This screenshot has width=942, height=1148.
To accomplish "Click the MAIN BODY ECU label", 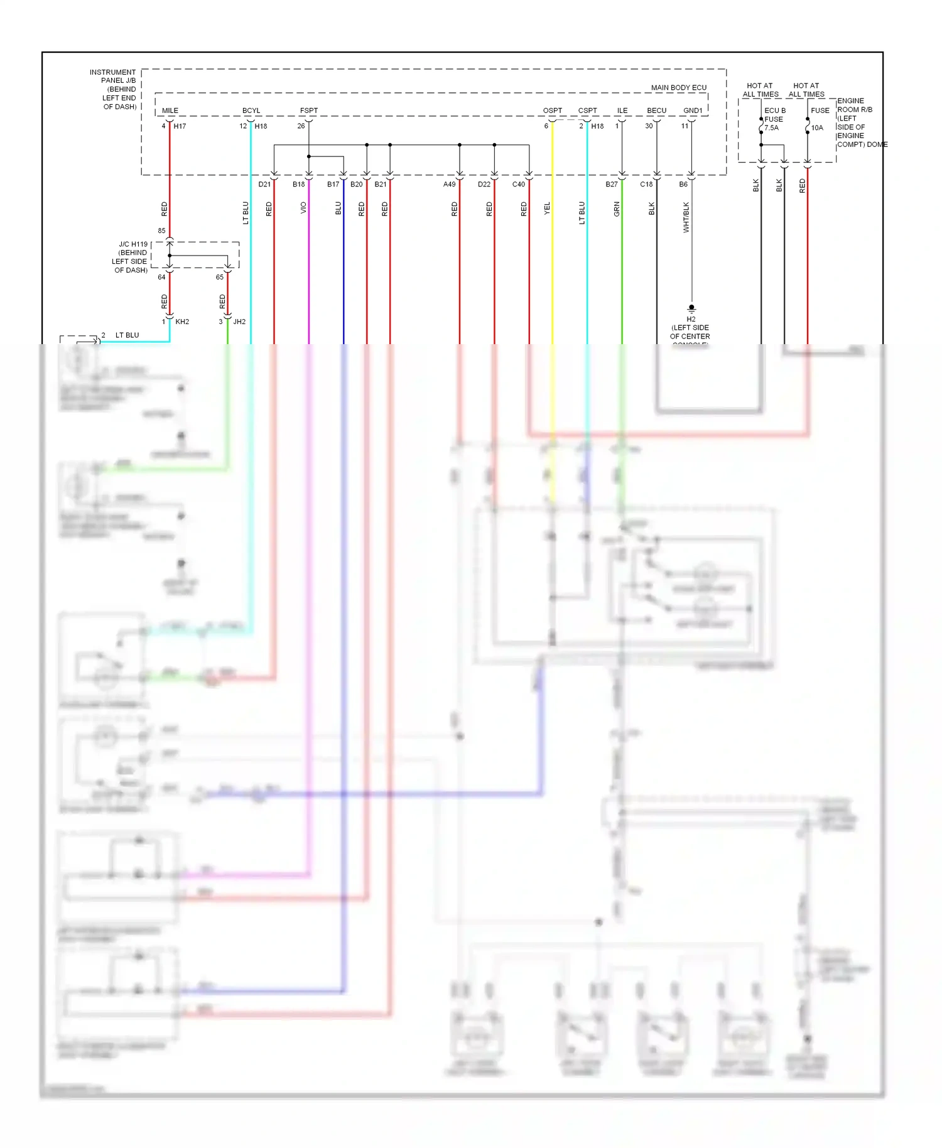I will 678,87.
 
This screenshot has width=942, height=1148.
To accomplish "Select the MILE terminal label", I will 170,111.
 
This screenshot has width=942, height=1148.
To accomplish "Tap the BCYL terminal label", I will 251,111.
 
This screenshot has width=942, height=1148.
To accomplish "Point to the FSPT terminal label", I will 308,111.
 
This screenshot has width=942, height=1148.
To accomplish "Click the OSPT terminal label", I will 553,111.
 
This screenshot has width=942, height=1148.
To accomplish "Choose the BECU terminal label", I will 657,111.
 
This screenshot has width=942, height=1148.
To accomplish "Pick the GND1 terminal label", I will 693,111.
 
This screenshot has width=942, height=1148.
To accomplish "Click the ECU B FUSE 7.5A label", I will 774,119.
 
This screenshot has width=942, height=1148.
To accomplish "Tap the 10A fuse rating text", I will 817,127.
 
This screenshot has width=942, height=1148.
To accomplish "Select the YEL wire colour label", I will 547,208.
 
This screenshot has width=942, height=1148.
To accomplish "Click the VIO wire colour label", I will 303,208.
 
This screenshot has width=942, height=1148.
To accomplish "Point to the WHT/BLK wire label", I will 686,217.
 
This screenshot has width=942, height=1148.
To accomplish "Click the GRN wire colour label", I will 617,209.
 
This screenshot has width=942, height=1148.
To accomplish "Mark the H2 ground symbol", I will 691,308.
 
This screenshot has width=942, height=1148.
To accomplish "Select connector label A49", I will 449,184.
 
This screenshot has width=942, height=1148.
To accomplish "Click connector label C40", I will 518,184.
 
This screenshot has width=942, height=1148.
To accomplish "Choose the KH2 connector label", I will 182,322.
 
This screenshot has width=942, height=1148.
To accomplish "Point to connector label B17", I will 333,184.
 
